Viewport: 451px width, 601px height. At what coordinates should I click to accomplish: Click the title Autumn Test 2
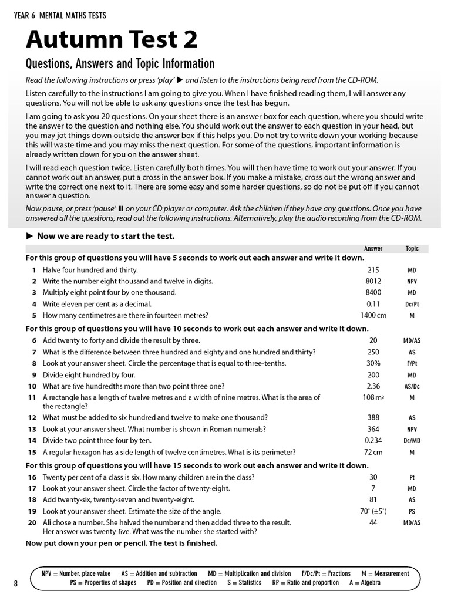(112, 39)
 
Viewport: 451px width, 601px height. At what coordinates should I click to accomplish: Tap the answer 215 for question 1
(373, 270)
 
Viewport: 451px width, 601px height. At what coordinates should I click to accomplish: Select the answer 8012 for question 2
(373, 281)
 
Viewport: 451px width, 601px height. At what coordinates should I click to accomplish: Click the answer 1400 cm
(373, 315)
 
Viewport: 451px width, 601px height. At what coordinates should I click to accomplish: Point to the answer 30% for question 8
(373, 363)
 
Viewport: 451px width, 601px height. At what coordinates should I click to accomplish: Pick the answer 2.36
(373, 386)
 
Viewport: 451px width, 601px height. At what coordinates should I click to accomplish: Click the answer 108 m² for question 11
(373, 398)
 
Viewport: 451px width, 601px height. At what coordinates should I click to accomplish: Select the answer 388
(373, 418)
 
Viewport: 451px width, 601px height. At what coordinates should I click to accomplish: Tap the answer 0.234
(373, 441)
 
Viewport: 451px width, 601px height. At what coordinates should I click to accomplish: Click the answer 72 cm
(373, 453)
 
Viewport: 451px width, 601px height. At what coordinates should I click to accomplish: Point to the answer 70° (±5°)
(373, 511)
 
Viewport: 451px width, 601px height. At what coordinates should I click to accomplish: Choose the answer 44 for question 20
(373, 522)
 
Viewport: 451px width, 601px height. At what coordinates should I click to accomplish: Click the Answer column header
(373, 248)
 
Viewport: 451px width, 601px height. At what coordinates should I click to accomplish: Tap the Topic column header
(412, 248)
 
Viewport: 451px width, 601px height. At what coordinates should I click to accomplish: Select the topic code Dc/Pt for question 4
(412, 305)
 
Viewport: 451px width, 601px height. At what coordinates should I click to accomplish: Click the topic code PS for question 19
(412, 512)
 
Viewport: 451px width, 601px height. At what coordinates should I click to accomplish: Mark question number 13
(32, 429)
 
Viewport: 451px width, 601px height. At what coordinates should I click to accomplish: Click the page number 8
(16, 583)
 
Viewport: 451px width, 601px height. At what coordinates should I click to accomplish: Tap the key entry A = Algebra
(364, 583)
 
